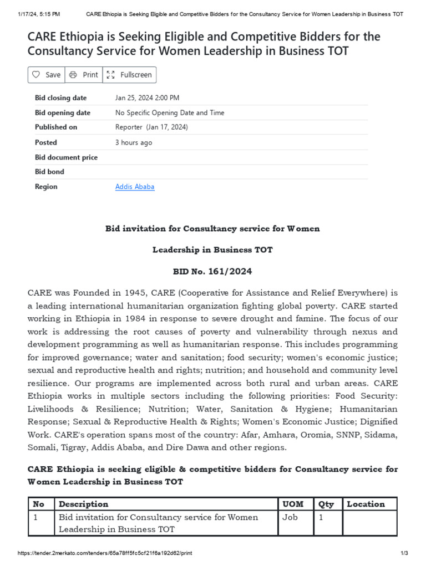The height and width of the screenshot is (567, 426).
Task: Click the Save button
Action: click(47, 75)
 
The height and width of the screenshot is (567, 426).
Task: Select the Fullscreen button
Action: click(129, 75)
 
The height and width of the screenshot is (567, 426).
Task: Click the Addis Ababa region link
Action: click(135, 187)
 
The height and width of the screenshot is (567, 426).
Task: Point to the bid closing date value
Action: click(147, 98)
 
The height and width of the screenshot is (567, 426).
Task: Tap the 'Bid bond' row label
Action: click(49, 172)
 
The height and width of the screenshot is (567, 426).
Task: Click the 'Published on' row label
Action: click(56, 127)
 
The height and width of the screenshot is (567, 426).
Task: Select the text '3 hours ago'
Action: click(134, 142)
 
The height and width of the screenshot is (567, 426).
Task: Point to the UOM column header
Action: click(293, 504)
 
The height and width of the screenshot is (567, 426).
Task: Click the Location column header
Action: click(366, 504)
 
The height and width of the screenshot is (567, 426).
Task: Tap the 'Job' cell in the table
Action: click(290, 517)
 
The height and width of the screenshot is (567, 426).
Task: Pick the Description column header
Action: click(84, 504)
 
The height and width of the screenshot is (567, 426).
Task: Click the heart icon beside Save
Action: click(36, 75)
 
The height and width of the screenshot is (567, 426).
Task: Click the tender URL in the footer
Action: click(105, 553)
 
